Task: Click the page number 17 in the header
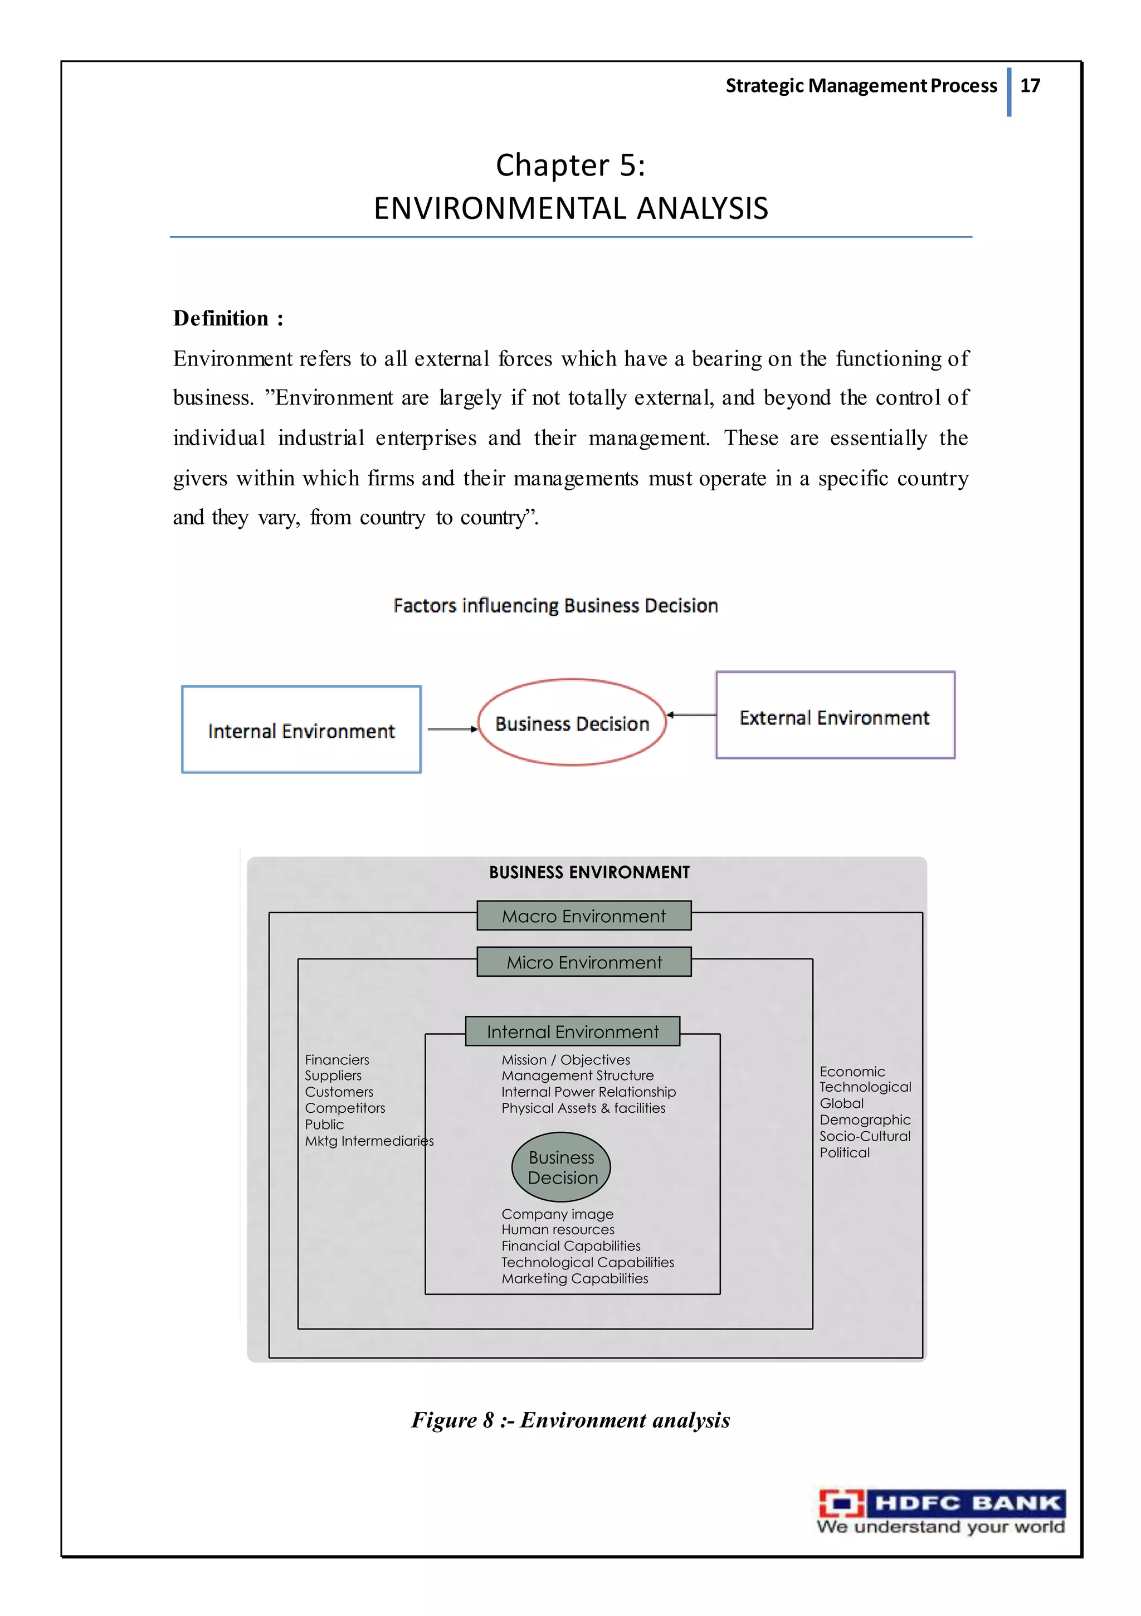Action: pos(1030,86)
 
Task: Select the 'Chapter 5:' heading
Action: pos(570,166)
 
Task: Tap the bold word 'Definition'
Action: pos(221,318)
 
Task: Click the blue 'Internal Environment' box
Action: pos(301,730)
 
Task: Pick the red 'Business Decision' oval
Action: pos(572,723)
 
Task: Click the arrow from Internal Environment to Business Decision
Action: pos(452,729)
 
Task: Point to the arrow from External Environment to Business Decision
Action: pos(691,715)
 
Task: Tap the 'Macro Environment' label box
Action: pos(583,916)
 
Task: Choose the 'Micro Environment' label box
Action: pos(583,962)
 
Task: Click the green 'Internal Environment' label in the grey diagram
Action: pos(572,1032)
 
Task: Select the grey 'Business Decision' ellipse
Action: pos(561,1167)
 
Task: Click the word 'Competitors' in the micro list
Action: pos(345,1108)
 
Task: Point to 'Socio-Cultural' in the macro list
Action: pos(864,1136)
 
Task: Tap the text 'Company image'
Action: pos(558,1214)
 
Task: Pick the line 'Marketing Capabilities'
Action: pos(574,1278)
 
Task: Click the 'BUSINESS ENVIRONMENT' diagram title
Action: pos(589,873)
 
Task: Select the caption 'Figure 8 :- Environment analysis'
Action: pos(570,1420)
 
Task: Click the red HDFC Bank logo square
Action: pos(841,1504)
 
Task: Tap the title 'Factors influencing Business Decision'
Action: pos(555,606)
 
